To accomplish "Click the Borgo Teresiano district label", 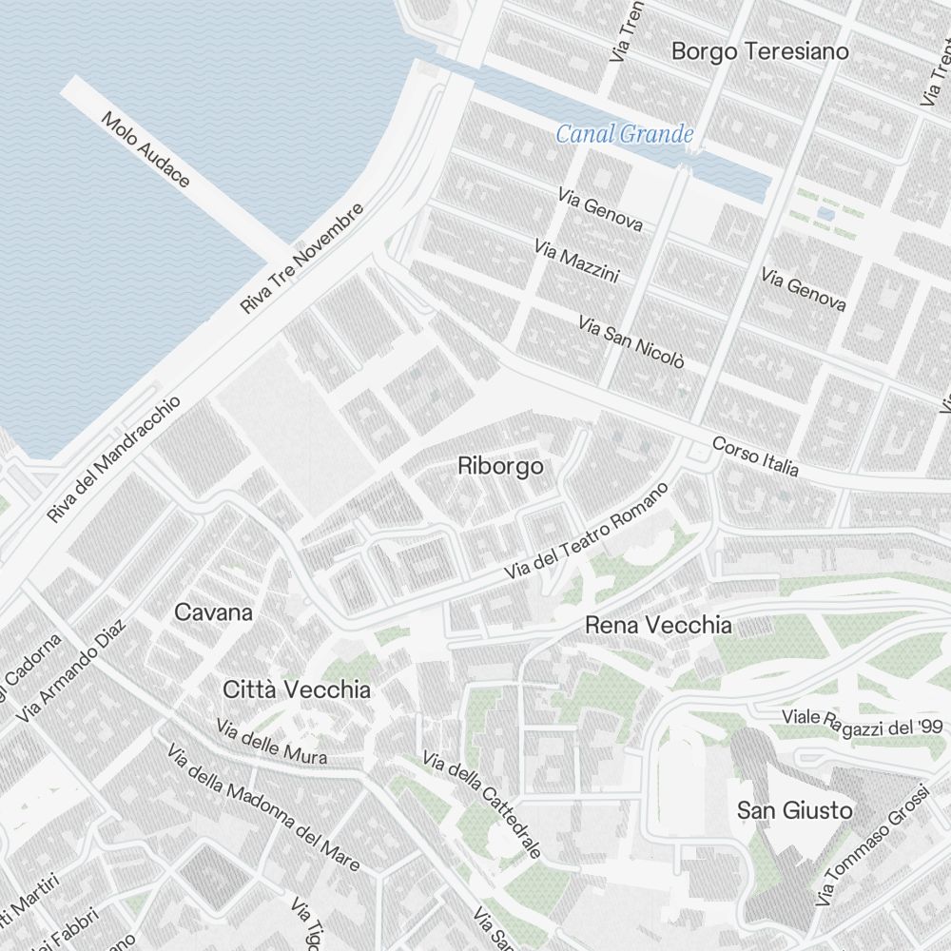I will [760, 51].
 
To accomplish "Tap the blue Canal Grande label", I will [625, 134].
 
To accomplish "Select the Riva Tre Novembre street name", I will [303, 259].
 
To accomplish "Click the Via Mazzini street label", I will [577, 262].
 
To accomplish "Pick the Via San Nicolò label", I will [631, 342].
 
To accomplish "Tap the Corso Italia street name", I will [755, 456].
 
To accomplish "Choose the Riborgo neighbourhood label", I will [500, 467].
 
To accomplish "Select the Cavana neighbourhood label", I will [214, 612].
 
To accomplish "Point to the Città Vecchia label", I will [297, 689].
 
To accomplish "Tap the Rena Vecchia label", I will [658, 626].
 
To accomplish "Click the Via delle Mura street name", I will [272, 743].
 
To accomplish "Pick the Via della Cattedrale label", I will [482, 805].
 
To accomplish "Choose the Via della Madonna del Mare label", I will [263, 808].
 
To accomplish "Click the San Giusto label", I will [795, 811].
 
